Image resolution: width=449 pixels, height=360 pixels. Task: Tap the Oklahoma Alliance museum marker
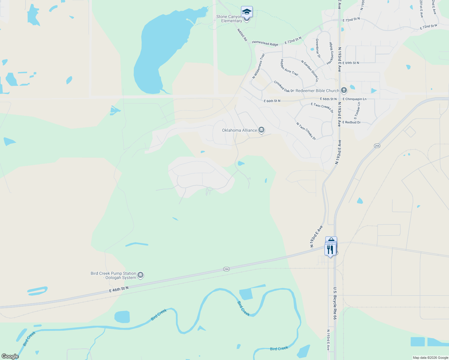click(261, 130)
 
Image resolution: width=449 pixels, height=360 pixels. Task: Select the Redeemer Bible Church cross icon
click(344, 90)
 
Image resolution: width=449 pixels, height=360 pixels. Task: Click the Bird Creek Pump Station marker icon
click(140, 275)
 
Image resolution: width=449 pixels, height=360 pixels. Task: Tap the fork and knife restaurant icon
click(330, 250)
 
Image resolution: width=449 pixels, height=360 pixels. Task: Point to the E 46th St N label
click(119, 289)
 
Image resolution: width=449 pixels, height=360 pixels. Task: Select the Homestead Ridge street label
click(265, 43)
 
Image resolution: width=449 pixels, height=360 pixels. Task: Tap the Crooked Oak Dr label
click(284, 86)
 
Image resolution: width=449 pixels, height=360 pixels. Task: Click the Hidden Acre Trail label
click(289, 67)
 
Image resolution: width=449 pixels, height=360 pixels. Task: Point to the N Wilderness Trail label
click(258, 66)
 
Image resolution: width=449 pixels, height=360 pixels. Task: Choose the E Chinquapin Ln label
click(354, 99)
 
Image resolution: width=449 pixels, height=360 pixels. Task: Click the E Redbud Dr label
click(351, 122)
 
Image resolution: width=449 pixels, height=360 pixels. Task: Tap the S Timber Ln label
click(357, 111)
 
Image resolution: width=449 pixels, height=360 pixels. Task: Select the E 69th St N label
click(351, 63)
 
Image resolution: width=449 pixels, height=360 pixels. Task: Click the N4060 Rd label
click(242, 35)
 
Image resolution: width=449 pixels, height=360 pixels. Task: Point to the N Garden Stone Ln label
click(310, 71)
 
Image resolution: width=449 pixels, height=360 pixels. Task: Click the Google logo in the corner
click(10, 356)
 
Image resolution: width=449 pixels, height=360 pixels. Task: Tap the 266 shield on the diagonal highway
click(377, 146)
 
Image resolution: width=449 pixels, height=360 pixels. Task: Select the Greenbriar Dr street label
click(318, 48)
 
